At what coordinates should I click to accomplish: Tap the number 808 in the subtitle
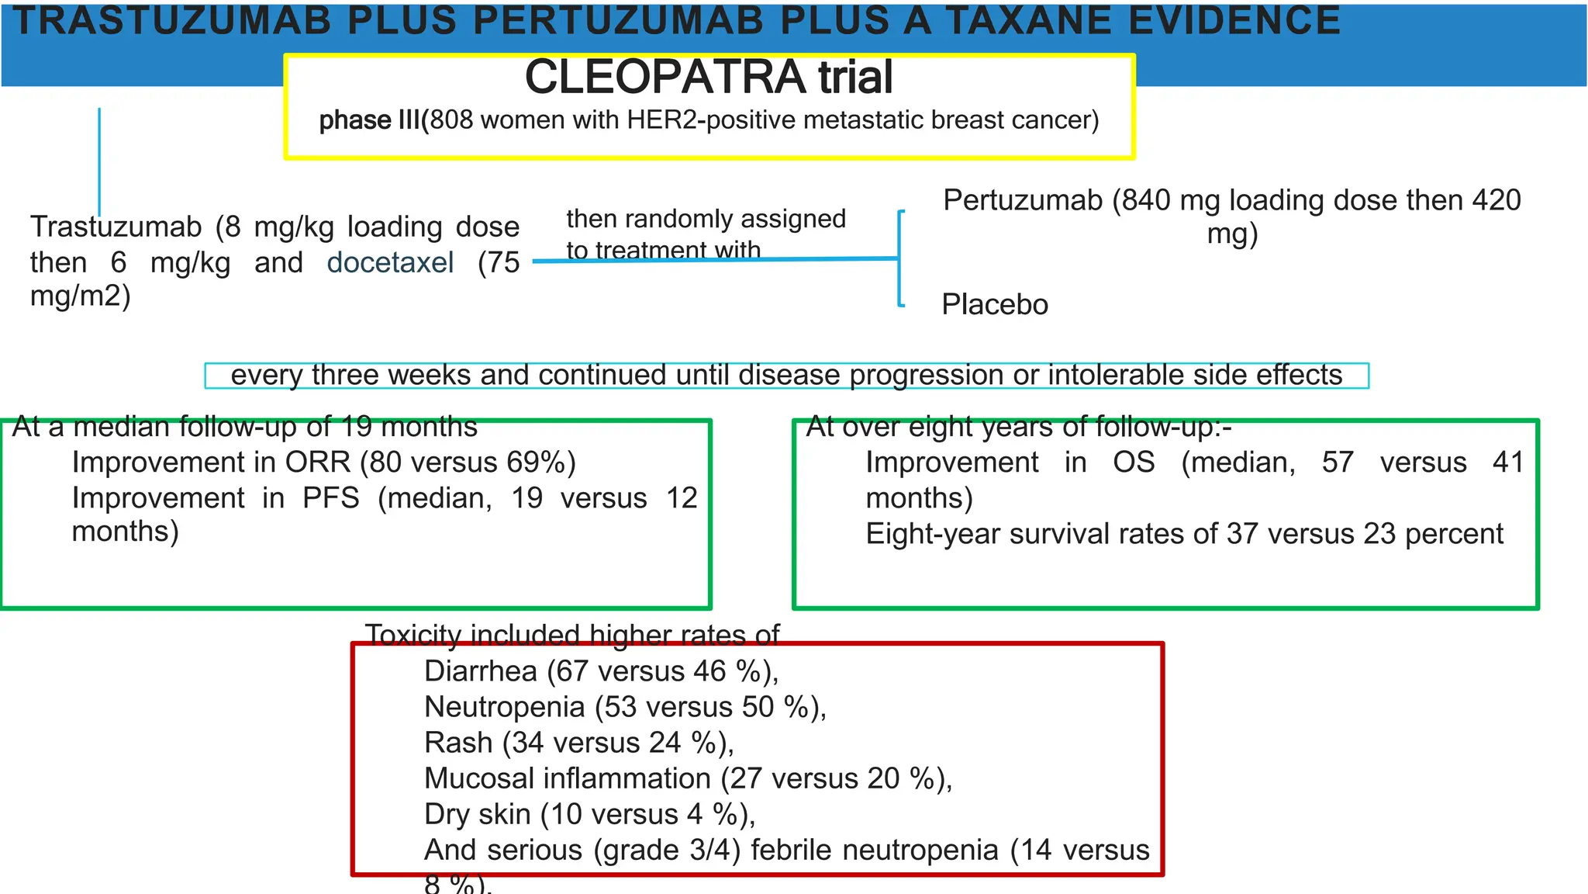(451, 120)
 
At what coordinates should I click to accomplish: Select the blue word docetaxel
(390, 262)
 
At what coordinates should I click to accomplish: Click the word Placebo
(995, 305)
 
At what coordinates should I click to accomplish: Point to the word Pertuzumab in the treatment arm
(1022, 200)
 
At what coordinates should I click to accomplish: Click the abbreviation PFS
(331, 498)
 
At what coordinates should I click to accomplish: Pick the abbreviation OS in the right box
(1134, 463)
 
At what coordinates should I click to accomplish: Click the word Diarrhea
(481, 671)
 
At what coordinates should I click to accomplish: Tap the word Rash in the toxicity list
(458, 743)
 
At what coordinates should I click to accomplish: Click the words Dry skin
(477, 814)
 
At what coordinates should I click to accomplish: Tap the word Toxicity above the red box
(413, 636)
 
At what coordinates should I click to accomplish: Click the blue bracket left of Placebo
(899, 259)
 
